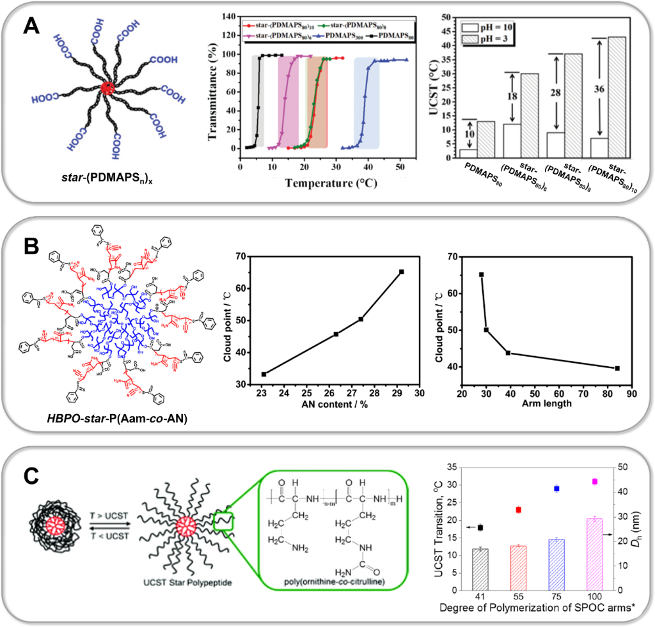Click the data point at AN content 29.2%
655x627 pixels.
click(401, 272)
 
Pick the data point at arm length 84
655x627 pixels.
click(617, 368)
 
